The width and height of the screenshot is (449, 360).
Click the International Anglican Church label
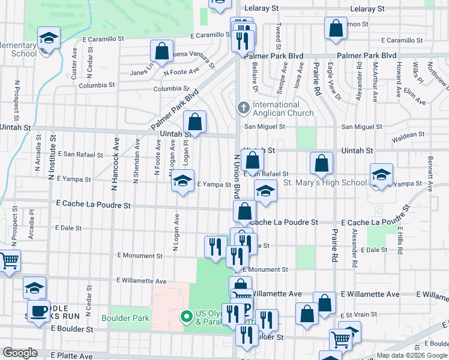283,109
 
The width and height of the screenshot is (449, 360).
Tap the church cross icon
243,109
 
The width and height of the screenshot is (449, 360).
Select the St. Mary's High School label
324,182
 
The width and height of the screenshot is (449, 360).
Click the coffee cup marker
39,311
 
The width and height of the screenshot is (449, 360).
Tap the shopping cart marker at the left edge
9,261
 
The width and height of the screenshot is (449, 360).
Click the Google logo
20,352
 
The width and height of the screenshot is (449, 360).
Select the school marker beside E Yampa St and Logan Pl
182,181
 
